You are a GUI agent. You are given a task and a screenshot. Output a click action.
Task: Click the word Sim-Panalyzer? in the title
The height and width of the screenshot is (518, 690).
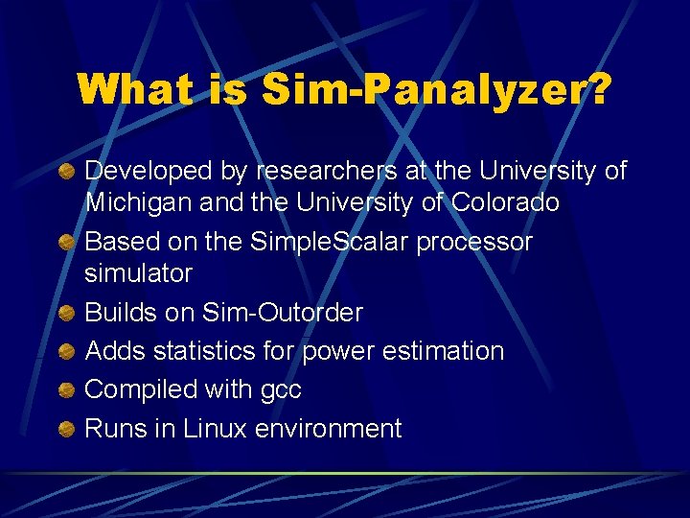437,91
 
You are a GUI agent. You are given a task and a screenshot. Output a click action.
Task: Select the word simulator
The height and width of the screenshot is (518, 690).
139,273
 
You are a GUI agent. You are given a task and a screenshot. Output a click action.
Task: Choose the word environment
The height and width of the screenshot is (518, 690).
329,428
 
